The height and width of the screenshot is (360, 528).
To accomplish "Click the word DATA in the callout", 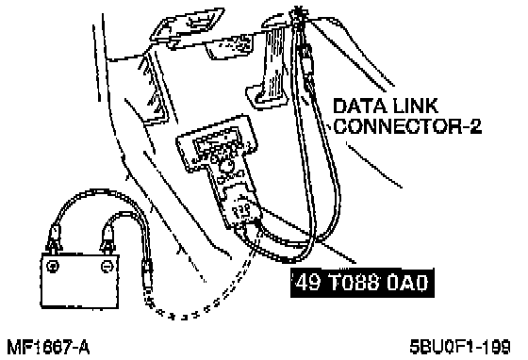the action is [x=359, y=106].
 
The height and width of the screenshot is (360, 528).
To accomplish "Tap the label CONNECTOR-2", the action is [x=407, y=126].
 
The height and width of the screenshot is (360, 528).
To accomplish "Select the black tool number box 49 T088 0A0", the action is [x=362, y=283].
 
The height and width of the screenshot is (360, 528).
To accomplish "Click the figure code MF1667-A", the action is [x=48, y=347].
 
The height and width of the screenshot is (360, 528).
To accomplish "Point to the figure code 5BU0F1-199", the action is [x=460, y=347].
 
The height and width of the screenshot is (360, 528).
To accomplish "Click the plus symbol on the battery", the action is [x=53, y=266].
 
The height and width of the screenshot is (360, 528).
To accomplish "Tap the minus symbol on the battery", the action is [x=106, y=266].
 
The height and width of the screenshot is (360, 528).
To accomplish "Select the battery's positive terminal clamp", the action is [x=55, y=238].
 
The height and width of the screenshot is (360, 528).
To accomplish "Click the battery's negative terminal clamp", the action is [x=107, y=238].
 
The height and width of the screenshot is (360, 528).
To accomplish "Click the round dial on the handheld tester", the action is [x=226, y=166].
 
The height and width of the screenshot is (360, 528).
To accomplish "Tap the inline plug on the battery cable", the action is [x=147, y=273].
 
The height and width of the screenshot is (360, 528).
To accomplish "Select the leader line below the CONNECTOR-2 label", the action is [x=373, y=165].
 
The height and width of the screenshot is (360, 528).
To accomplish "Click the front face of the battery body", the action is [x=80, y=281].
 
